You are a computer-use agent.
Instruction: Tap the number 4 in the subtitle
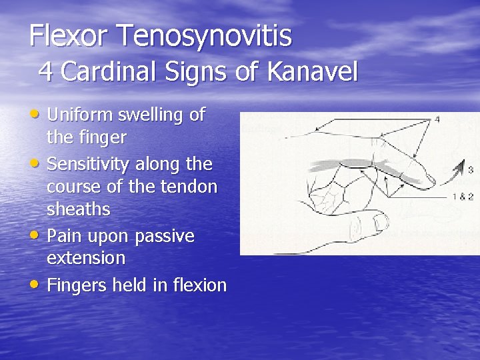(46, 71)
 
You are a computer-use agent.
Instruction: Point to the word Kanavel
(313, 71)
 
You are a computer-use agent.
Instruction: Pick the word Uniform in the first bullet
(80, 115)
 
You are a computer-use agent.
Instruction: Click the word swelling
(151, 115)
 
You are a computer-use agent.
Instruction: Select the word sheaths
(78, 209)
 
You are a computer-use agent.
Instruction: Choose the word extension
(86, 257)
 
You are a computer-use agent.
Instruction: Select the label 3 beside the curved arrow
(470, 170)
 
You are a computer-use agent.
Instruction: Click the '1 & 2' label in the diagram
(463, 197)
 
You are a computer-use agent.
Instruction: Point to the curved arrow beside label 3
(457, 171)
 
